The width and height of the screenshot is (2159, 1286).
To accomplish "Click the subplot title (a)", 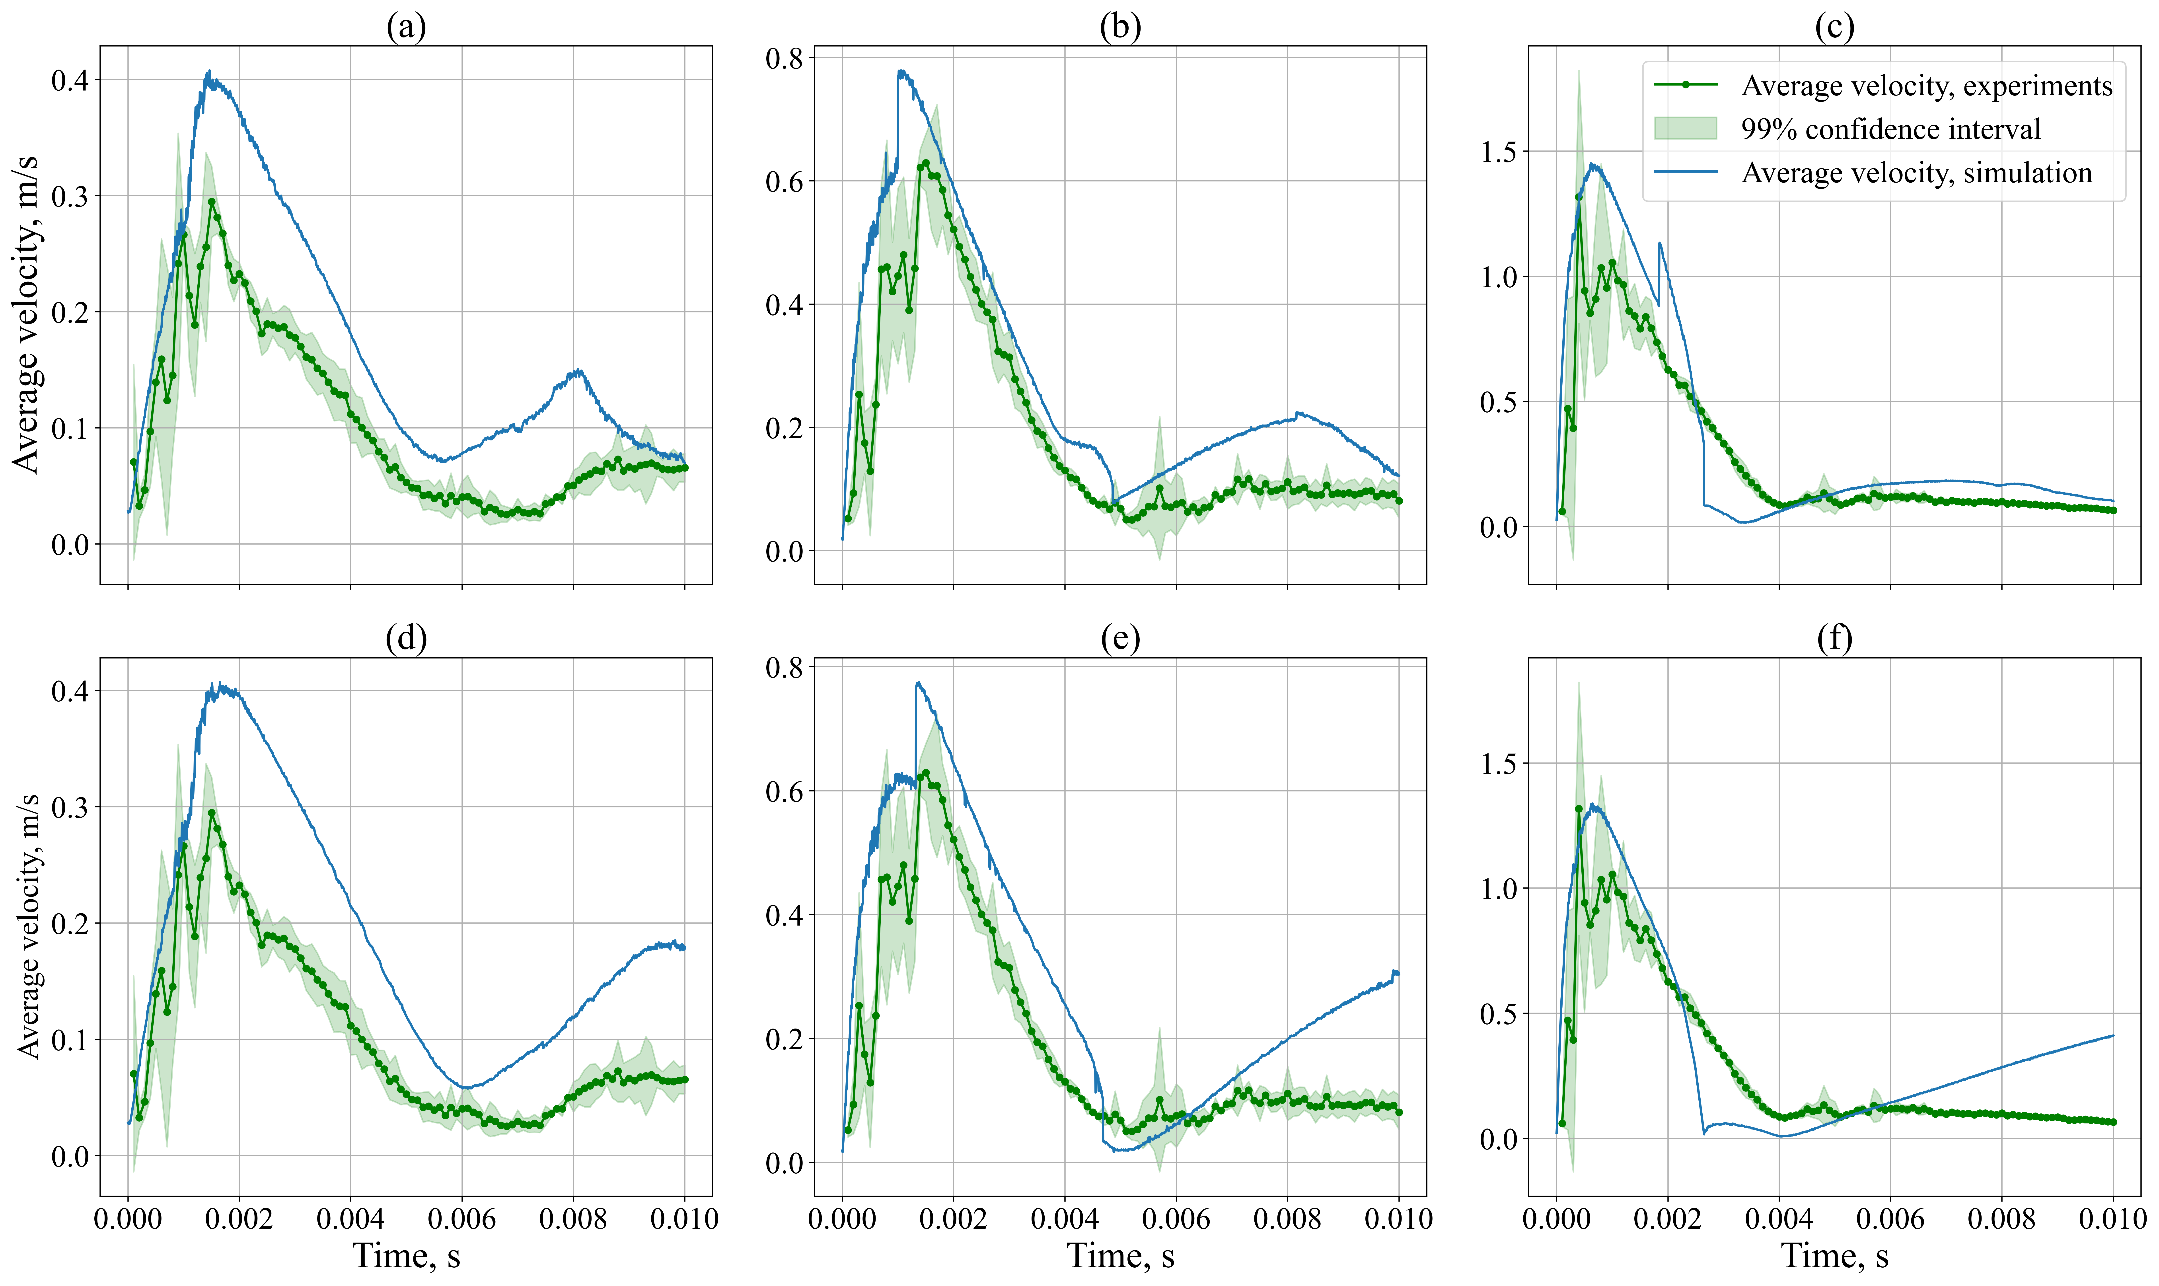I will click(405, 28).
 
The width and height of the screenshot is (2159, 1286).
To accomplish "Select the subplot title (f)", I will click(1834, 639).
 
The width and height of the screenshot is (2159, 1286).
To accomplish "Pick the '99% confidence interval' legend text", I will click(1890, 129).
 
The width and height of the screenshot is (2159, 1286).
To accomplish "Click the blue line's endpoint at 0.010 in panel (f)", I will click(2113, 1036).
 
